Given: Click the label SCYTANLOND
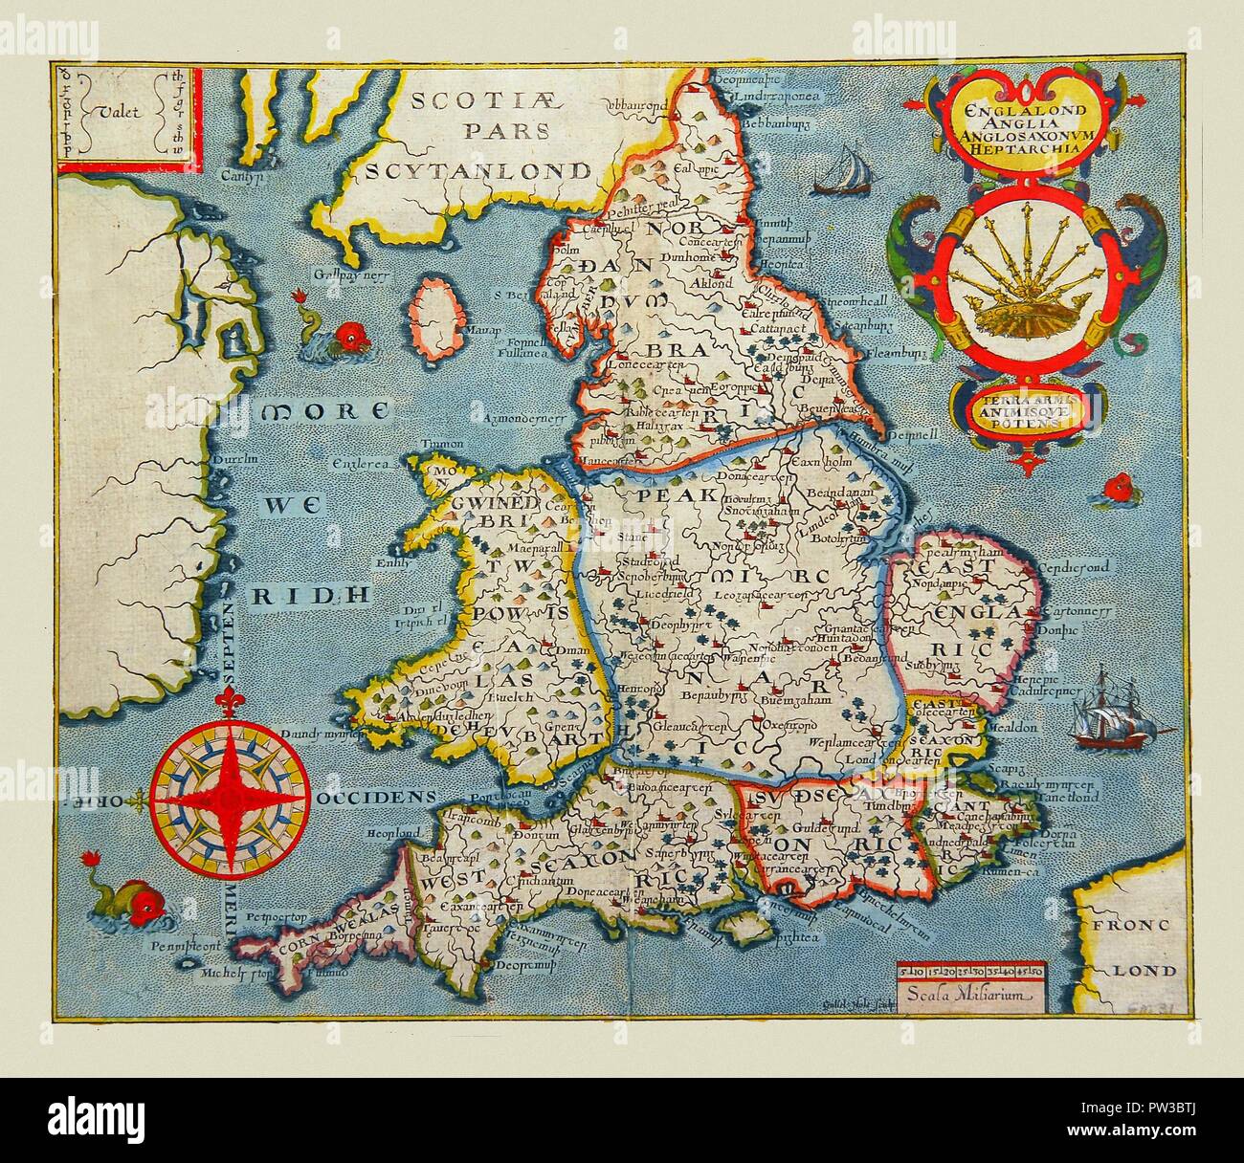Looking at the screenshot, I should (x=479, y=170).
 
